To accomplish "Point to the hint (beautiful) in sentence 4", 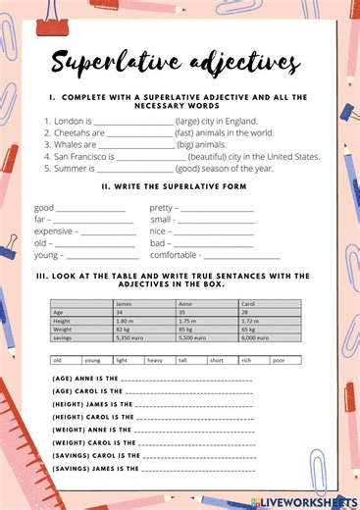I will click(214, 156).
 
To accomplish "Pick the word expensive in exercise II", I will click(55, 231).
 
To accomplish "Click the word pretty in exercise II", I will click(162, 208).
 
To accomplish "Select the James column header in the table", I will click(126, 303).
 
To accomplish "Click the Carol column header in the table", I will click(248, 303).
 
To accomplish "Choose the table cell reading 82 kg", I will click(125, 330).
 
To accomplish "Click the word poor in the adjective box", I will click(280, 360).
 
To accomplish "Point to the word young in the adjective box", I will click(92, 360).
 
